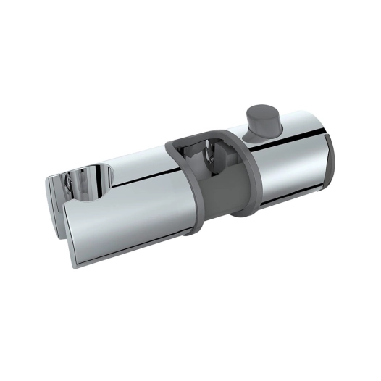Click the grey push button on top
(x=261, y=120)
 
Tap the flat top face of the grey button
(x=262, y=114)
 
